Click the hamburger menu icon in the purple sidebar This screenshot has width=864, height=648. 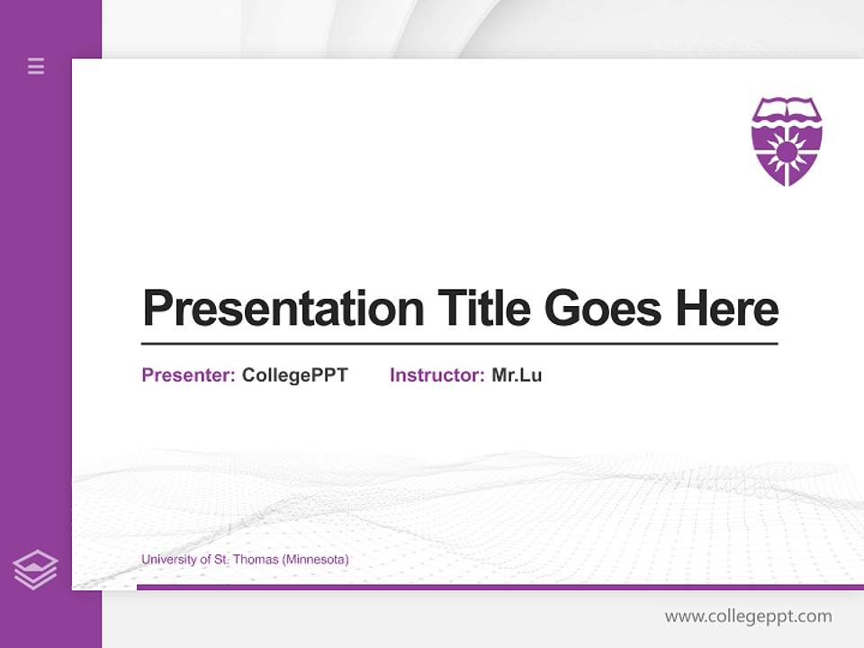tap(36, 66)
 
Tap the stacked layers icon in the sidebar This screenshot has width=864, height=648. tap(35, 570)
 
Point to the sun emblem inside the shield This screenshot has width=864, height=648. tap(787, 151)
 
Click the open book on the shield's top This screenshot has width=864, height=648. tap(787, 112)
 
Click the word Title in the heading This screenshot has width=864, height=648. tap(484, 309)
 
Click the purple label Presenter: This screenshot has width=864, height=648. tap(188, 375)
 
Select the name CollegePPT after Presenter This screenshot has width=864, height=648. tap(294, 375)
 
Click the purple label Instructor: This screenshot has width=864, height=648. tap(436, 375)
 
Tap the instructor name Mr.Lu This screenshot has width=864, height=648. tap(517, 375)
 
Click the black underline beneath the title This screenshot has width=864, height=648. tap(459, 343)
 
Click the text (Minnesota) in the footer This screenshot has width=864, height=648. tap(315, 560)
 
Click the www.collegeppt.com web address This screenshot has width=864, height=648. tap(748, 616)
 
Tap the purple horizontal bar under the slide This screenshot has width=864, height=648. tap(499, 587)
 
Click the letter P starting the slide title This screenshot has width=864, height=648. tap(157, 309)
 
